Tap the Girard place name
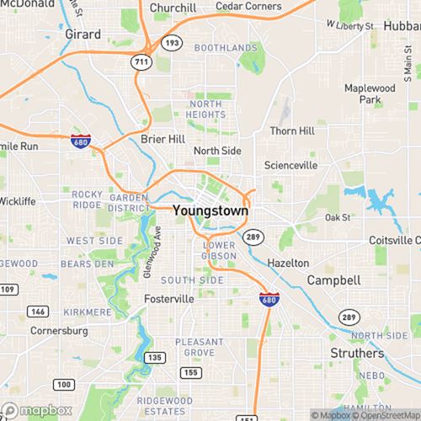coord(83,35)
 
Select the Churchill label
coord(173,8)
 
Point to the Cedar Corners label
coord(248,7)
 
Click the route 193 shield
coord(172,41)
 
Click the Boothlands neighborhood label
coord(226,48)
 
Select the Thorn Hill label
coord(291,131)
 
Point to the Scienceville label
coord(291,165)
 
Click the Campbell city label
coord(333,279)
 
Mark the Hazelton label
coord(288,263)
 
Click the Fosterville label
coord(169,299)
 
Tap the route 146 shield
coord(39,311)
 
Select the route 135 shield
coord(154,357)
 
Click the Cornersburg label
coord(59,331)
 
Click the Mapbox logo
coord(35,412)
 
